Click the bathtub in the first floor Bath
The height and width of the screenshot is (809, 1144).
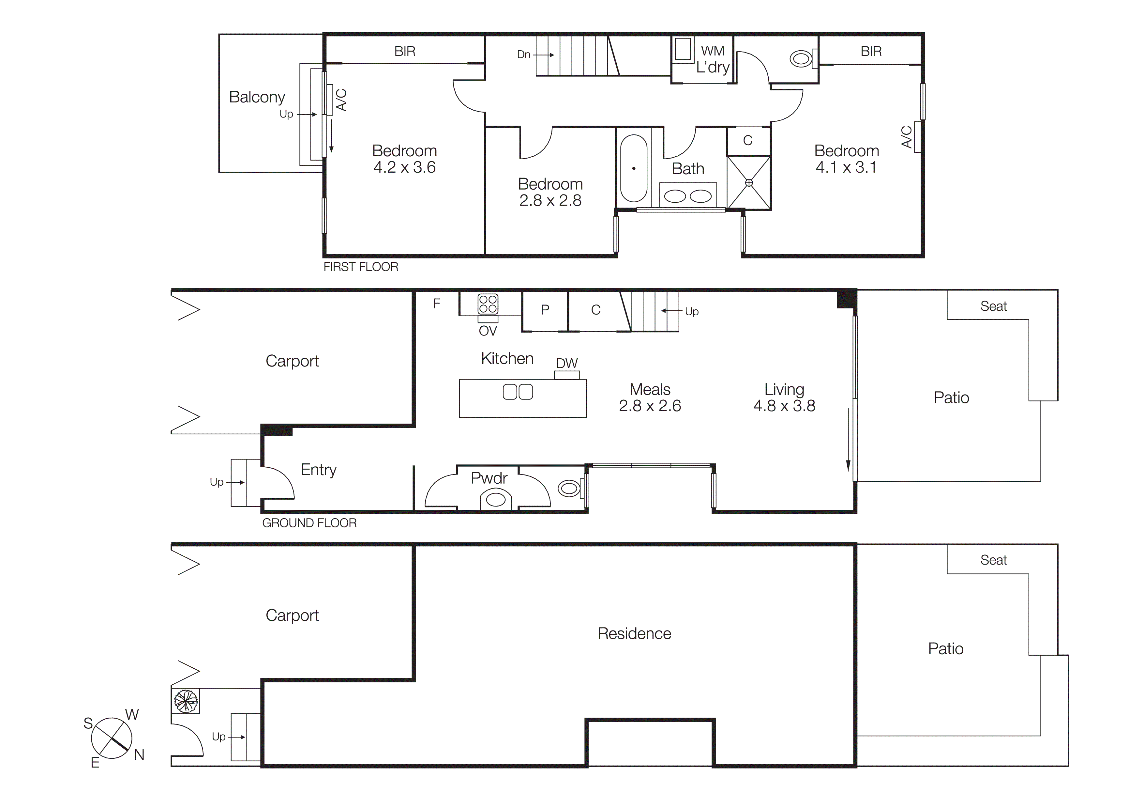[633, 168]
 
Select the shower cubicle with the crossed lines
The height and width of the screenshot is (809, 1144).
[748, 183]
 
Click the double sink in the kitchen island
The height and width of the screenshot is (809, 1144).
[518, 392]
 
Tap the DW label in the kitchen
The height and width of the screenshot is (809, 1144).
[566, 363]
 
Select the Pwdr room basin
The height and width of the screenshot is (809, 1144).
[496, 499]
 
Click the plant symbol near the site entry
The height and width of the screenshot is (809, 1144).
[185, 701]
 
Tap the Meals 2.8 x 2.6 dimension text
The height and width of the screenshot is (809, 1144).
[650, 406]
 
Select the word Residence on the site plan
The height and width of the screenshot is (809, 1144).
[634, 633]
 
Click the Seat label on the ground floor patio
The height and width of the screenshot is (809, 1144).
[993, 306]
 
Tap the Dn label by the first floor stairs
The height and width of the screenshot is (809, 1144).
[523, 54]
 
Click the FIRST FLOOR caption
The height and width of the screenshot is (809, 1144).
[361, 267]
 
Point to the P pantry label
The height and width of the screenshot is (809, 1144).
[545, 310]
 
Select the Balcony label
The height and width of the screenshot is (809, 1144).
[257, 97]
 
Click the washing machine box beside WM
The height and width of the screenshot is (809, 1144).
[683, 49]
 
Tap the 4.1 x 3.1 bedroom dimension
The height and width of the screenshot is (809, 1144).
[846, 167]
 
